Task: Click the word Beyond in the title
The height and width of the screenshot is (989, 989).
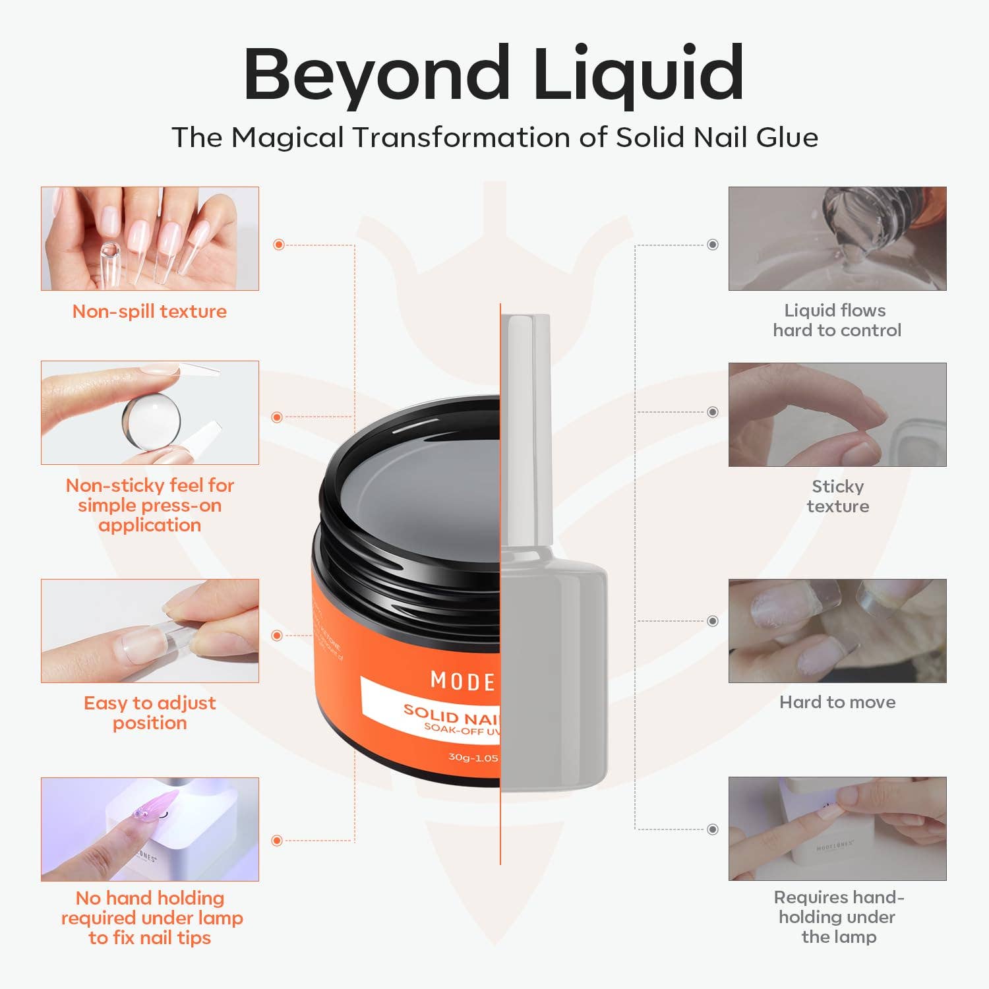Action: tap(376, 74)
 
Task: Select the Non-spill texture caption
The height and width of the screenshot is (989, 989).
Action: tap(150, 311)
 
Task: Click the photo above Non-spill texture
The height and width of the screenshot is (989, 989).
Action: tap(150, 239)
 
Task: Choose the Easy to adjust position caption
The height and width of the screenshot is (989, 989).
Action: tap(150, 713)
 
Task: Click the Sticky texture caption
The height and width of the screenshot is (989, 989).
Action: tap(837, 496)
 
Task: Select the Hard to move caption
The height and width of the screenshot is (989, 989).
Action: tap(837, 702)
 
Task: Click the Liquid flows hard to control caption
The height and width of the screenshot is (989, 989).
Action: tap(837, 320)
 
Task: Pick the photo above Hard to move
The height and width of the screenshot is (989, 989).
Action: tap(837, 631)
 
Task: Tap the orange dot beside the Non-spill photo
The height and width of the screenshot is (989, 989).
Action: tap(279, 245)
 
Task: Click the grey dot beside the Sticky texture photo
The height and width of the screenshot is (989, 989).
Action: tap(713, 412)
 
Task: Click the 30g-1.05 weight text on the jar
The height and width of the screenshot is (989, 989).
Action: tap(473, 758)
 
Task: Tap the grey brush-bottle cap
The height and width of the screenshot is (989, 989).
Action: tap(525, 429)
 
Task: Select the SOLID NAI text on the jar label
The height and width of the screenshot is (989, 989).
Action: tap(452, 716)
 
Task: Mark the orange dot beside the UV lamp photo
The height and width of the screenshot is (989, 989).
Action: tap(277, 841)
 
